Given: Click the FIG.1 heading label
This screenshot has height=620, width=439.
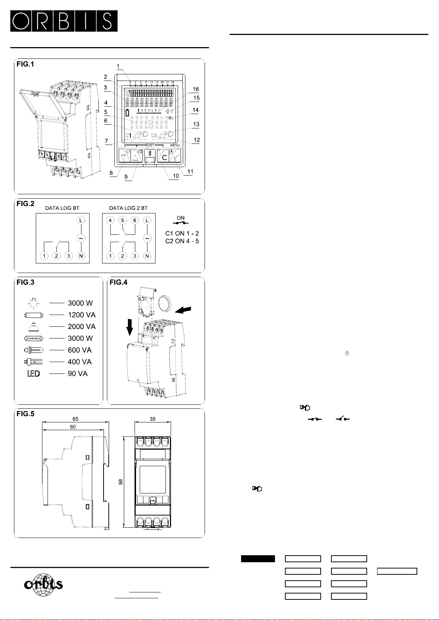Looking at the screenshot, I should [x=25, y=64].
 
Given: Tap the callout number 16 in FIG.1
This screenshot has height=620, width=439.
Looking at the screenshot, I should [x=196, y=89].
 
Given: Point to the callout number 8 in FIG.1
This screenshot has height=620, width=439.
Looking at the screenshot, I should [x=111, y=173].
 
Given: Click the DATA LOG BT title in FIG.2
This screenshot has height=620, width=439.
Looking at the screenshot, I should [x=62, y=208].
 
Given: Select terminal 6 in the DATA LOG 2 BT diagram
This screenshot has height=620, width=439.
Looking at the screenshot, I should [x=135, y=220].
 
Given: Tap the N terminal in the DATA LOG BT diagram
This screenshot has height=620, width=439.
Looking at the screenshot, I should [x=81, y=256].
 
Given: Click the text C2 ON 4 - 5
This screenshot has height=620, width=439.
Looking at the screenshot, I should [x=182, y=241].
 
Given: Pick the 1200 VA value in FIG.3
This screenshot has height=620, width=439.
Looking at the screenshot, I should [x=81, y=315].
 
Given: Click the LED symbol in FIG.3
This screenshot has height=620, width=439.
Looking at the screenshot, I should [x=34, y=374].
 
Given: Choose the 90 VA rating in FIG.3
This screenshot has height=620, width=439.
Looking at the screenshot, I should [x=77, y=374].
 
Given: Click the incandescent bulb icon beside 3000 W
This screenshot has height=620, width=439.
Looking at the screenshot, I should [x=33, y=303].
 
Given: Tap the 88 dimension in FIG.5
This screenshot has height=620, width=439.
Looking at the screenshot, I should [x=121, y=481].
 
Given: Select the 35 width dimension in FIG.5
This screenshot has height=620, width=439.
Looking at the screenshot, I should [x=153, y=419].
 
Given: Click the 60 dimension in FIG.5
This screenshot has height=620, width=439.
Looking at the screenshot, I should [x=73, y=427].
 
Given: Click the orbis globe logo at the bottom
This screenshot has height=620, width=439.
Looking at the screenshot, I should [x=43, y=584].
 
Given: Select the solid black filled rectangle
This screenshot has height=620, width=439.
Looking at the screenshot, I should [x=258, y=559].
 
